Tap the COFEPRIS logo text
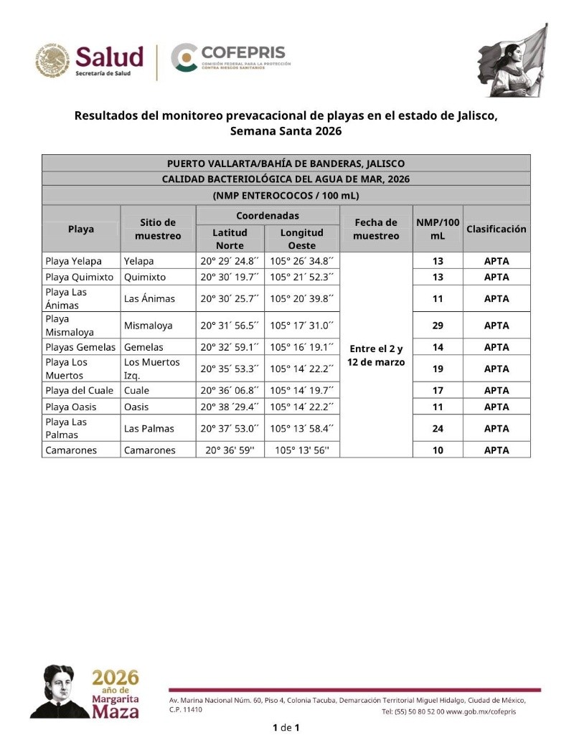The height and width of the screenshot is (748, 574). [243, 52]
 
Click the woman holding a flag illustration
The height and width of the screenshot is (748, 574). [513, 57]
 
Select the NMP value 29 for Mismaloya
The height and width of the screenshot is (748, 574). [437, 325]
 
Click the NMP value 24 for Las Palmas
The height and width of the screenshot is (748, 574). [437, 428]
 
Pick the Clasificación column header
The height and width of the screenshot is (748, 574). [497, 229]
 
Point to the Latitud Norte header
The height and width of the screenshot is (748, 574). [230, 239]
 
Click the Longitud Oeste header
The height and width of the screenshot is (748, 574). [301, 239]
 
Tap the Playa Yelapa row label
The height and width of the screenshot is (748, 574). [73, 261]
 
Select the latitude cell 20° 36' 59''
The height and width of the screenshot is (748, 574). [231, 450]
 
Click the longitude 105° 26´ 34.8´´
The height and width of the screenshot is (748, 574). [301, 261]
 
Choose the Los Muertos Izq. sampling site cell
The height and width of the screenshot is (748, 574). [151, 369]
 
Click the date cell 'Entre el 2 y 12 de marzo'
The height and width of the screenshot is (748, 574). [375, 355]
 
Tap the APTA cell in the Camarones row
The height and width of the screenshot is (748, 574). [497, 450]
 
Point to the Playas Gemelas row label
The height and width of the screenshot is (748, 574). [80, 347]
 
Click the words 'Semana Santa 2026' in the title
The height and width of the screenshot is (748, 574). [286, 131]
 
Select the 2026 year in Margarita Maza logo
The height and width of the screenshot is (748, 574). [116, 678]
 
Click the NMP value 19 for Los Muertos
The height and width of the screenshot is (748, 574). [437, 369]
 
